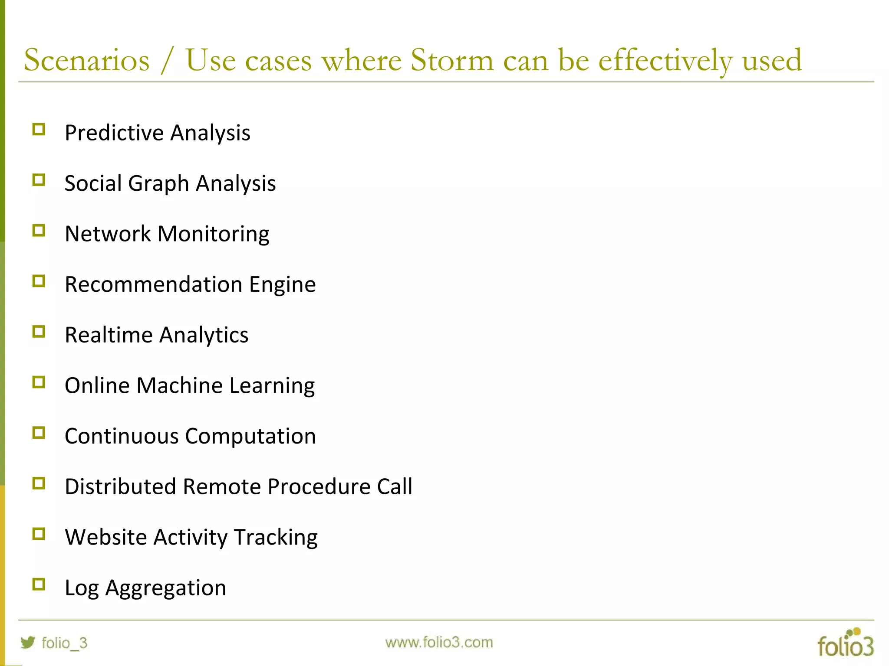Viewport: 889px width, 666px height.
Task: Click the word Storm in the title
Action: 452,60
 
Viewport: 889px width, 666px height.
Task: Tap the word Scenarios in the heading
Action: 87,60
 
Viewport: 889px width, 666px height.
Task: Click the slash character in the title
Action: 167,61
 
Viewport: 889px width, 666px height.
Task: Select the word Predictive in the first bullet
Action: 114,133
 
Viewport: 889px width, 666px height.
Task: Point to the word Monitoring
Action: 213,234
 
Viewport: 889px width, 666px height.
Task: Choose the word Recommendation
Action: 153,284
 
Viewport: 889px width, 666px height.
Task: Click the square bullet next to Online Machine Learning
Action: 39,382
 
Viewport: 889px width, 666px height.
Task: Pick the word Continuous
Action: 122,436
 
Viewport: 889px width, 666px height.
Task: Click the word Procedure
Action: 319,486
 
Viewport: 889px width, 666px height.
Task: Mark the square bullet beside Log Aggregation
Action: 39,584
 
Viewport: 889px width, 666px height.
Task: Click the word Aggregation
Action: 166,588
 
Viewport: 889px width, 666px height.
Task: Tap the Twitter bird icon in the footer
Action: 28,642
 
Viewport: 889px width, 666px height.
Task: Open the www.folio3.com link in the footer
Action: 439,642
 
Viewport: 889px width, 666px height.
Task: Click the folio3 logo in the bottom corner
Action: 845,643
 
